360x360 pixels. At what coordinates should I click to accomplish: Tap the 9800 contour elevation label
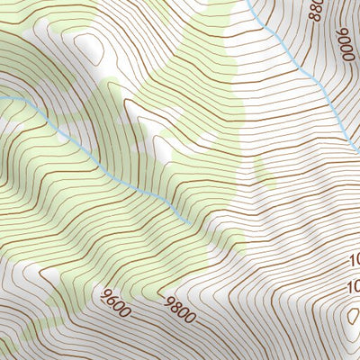click(180, 308)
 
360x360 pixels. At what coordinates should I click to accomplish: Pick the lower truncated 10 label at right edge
click(354, 288)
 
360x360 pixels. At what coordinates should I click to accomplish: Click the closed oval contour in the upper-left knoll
click(86, 42)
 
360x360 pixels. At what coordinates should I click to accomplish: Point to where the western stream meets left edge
click(2, 95)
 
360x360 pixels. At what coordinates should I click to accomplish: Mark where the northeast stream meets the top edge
click(248, 2)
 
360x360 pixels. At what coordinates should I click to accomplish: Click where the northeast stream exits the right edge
click(357, 148)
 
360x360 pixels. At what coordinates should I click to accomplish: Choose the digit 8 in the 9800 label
click(175, 306)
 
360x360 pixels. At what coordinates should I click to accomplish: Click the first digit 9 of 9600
click(107, 295)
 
